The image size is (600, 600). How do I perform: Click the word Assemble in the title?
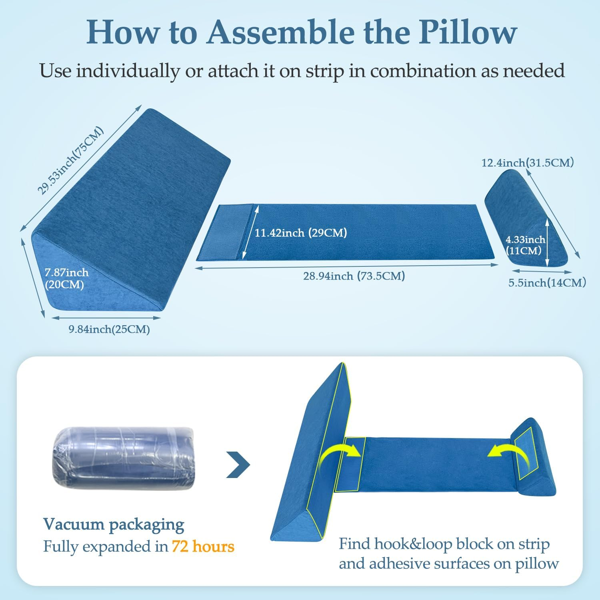point(281,32)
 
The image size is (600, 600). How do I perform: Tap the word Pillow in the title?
point(468,32)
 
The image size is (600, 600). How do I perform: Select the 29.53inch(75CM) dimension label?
point(71,161)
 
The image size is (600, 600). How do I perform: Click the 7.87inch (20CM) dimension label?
point(66,279)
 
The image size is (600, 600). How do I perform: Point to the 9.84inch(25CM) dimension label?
point(109,330)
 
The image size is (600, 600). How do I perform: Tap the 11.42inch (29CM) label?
point(301,232)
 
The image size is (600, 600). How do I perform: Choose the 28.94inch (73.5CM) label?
point(354,276)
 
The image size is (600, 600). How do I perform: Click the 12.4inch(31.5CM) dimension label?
point(528,163)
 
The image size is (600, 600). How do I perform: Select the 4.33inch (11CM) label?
point(525,245)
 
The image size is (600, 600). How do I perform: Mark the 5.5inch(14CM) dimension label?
point(547,283)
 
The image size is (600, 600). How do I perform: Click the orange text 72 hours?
point(203,546)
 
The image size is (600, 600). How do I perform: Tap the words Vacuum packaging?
point(114,524)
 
